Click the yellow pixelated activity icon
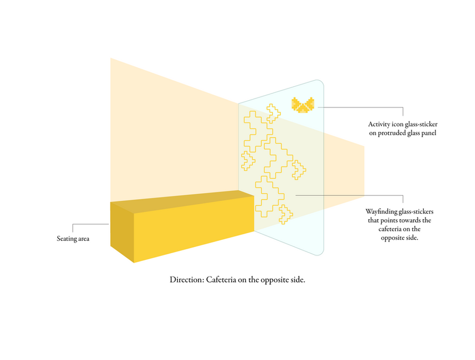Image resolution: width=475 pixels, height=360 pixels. pos(303,104)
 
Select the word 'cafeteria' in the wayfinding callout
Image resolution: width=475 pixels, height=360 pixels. pos(385,229)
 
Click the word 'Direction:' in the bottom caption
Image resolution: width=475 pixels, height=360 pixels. pos(187,279)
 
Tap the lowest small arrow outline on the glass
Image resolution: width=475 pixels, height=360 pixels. pos(285,214)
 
